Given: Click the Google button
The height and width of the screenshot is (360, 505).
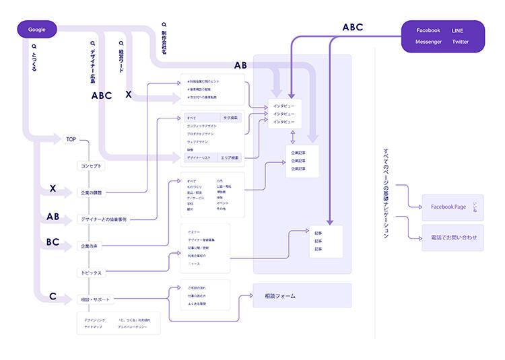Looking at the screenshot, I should [36, 30].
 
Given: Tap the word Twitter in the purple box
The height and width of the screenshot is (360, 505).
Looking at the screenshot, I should [461, 42].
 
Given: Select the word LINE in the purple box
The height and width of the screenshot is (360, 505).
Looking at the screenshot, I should [458, 30].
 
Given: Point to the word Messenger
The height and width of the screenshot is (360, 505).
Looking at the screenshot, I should [428, 42].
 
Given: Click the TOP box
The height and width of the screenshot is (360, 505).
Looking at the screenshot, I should [71, 139].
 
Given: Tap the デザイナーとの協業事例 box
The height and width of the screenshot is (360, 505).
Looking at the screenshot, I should [104, 219].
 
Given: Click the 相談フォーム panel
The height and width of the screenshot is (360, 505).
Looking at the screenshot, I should [302, 296].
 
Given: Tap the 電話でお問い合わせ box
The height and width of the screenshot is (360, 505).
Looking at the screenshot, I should [452, 238].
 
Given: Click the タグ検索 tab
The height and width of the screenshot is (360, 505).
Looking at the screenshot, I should [230, 118].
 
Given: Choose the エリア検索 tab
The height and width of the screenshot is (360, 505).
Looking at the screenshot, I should [230, 157].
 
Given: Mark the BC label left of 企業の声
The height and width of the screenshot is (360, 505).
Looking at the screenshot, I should [53, 242].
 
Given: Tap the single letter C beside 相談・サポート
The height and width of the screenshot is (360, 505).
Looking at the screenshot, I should [53, 296].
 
